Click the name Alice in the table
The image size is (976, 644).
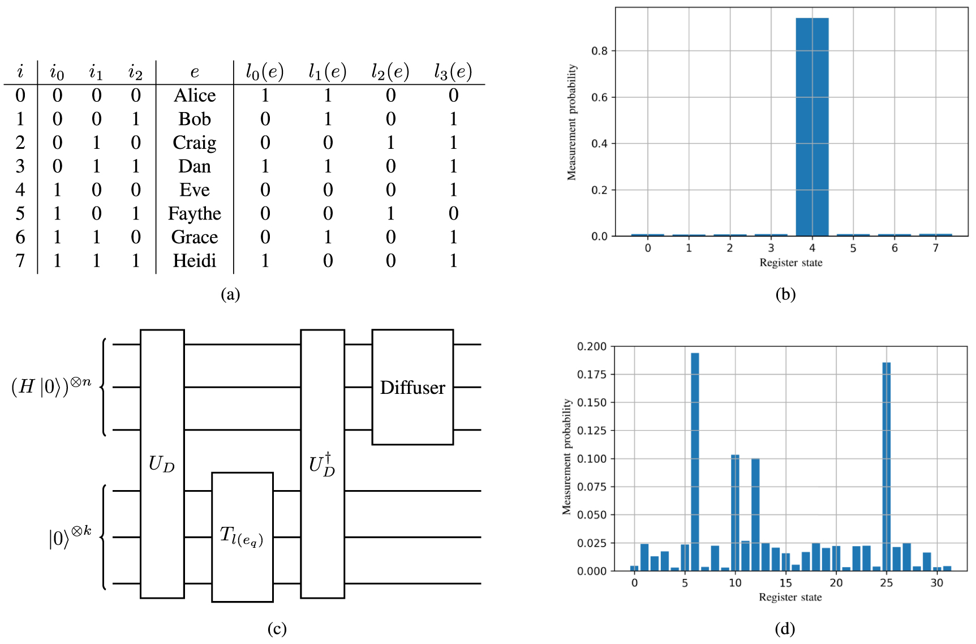pos(195,96)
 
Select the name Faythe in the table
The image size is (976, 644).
pos(195,214)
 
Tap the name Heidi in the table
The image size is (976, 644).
pos(195,261)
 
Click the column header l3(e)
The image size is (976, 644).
pos(453,72)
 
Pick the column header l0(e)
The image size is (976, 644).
pos(265,72)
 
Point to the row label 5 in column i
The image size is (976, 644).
pos(20,214)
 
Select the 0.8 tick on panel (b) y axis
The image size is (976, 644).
pos(600,51)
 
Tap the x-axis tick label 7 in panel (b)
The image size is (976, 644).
pos(936,248)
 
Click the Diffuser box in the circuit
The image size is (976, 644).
pos(412,387)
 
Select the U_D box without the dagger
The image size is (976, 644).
pos(162,463)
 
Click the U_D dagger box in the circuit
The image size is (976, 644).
pos(322,463)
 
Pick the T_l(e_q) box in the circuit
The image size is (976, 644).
pos(242,536)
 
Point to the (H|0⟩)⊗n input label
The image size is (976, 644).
pos(51,386)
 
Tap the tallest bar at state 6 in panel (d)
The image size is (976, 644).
pos(695,461)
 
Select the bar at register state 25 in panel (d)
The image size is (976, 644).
pos(886,466)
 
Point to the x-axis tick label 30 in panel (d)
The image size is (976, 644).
pos(937,583)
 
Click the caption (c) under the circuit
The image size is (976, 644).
pos(277,629)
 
